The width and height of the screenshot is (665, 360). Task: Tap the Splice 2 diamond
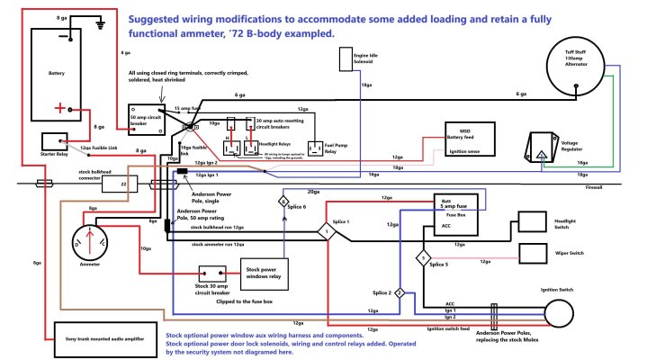point(400,293)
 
